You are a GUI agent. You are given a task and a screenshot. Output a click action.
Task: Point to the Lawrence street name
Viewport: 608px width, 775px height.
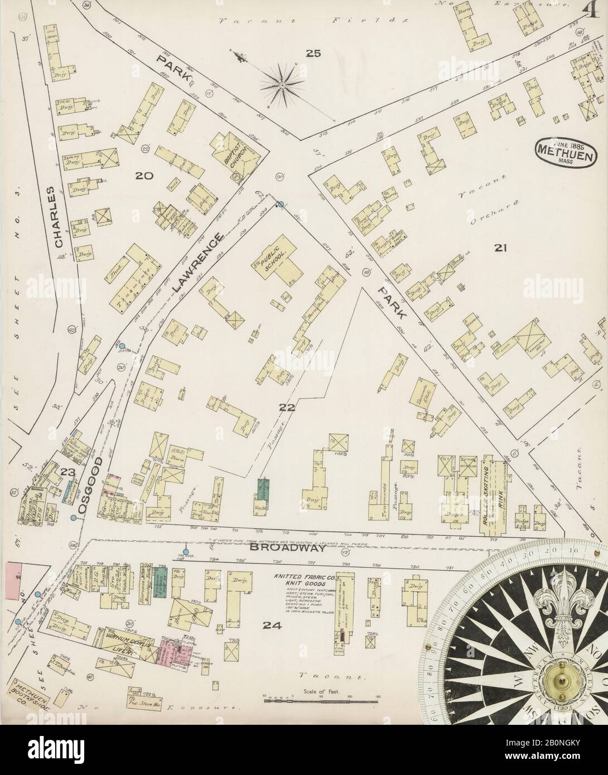[197, 263]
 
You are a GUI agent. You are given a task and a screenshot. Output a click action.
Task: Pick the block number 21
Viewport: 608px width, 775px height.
[500, 249]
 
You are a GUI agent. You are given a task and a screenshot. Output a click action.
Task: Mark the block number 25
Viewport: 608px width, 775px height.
[313, 54]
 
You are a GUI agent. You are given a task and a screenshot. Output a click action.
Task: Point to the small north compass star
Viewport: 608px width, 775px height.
[282, 85]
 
